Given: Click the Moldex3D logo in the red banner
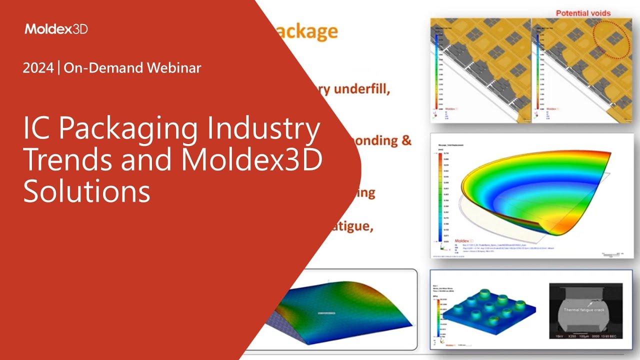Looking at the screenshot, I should [56, 29].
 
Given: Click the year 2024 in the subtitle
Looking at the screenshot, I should [38, 68].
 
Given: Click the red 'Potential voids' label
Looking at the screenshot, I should [583, 13].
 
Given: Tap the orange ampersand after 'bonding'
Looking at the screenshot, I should [406, 140].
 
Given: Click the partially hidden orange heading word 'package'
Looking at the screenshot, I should [306, 32].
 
